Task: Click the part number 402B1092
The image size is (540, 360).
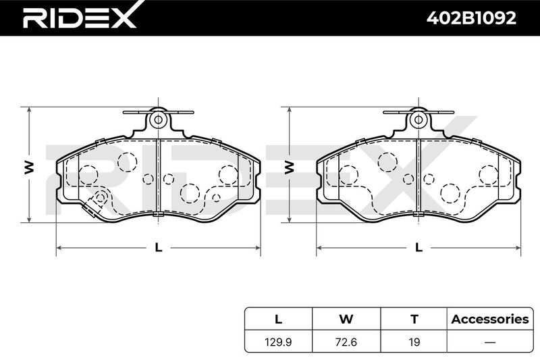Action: [471, 18]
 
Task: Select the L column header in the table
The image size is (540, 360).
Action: [278, 319]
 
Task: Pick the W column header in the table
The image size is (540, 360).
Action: [346, 319]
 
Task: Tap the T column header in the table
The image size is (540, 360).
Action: [414, 319]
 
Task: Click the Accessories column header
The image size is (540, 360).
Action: [490, 319]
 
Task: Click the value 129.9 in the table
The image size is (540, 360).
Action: [278, 342]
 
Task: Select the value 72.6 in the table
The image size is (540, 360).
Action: [346, 342]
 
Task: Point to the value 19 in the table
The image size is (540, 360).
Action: [414, 342]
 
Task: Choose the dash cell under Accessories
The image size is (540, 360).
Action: [490, 342]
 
